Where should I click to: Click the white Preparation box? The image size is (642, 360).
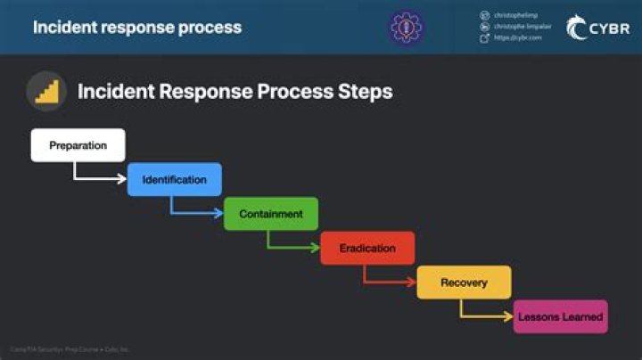tap(78, 145)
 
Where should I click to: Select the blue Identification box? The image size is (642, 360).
tap(174, 179)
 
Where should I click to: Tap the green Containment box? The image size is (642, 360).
tap(271, 214)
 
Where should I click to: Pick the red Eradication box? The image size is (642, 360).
tap(367, 248)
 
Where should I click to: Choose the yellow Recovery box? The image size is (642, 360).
tap(464, 282)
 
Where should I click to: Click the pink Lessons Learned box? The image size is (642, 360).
tap(560, 316)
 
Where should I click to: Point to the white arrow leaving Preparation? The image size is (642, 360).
tap(98, 178)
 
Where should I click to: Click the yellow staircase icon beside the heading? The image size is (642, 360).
tap(45, 91)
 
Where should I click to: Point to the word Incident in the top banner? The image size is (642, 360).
tap(65, 27)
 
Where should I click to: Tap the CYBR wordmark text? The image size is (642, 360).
tap(610, 29)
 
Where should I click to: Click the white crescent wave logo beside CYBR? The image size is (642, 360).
tap(576, 27)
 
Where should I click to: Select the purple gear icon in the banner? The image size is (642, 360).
tap(406, 27)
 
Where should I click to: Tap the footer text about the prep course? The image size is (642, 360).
tap(70, 349)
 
